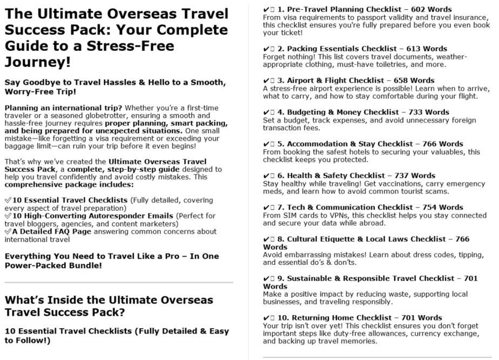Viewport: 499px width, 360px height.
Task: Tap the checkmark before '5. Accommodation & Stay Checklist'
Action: click(266, 144)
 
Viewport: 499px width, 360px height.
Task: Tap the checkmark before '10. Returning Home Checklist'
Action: click(266, 318)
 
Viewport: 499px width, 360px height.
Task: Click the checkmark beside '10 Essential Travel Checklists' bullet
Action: click(8, 199)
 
